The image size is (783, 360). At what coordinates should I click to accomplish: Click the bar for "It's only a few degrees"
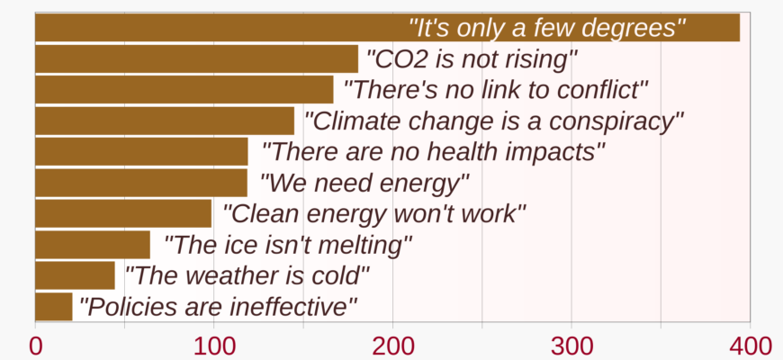(388, 28)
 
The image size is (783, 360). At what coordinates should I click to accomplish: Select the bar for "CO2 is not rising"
(197, 58)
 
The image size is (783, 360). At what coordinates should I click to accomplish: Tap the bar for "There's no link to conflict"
(184, 90)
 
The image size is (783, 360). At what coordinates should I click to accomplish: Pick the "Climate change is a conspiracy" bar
(165, 121)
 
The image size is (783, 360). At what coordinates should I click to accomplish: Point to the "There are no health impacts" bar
(142, 152)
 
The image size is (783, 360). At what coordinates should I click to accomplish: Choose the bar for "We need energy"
(141, 183)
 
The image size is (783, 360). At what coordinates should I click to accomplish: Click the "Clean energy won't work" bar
(123, 213)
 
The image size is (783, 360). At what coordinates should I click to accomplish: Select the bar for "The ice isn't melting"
(93, 245)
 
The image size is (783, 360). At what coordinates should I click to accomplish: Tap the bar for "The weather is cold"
(75, 275)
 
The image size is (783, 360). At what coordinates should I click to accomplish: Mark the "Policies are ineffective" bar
(54, 307)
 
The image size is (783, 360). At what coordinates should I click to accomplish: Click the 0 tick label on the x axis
(35, 346)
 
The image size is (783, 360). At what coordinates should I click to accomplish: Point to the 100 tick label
(213, 346)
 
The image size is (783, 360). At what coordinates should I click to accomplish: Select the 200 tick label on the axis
(393, 346)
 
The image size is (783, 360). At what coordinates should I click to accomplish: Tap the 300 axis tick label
(571, 346)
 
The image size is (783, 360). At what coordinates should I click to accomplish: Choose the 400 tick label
(751, 346)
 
